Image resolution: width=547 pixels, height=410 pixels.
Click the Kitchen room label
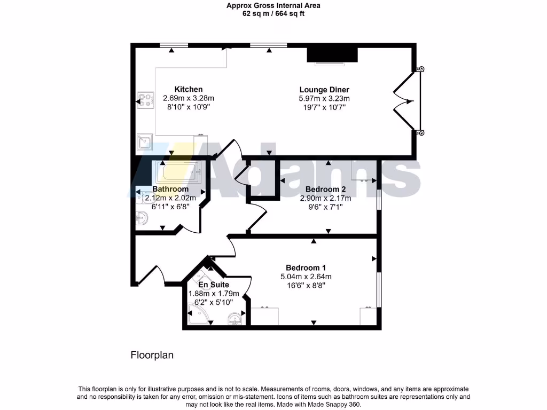[189, 89]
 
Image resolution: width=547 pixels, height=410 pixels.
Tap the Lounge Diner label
[324, 90]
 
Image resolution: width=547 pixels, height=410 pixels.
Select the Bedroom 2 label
[325, 189]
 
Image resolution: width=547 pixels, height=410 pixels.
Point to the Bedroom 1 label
[306, 267]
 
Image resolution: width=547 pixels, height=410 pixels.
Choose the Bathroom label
[170, 189]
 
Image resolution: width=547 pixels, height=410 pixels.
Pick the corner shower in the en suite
[198, 315]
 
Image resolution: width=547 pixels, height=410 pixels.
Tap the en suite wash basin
[234, 319]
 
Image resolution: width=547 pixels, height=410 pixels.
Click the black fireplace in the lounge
[332, 55]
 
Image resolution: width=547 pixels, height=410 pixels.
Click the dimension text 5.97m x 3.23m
[324, 99]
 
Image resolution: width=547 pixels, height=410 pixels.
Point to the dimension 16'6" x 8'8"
[306, 286]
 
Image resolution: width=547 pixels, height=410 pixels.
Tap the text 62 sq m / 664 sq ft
[273, 14]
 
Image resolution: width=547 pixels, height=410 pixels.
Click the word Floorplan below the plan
[152, 355]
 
